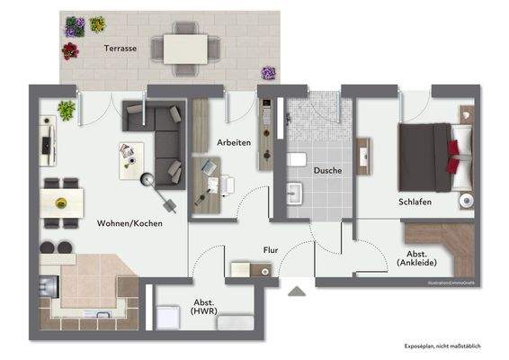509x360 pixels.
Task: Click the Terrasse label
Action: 120,49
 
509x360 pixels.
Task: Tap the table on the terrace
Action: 185,48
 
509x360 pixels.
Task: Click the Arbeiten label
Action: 233,143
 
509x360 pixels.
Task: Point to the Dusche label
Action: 327,169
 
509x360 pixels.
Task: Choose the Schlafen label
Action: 415,202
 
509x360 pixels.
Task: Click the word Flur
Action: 270,250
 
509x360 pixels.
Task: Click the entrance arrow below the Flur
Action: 294,291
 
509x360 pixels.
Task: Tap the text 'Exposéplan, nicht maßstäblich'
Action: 441,346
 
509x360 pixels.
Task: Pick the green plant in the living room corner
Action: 67,110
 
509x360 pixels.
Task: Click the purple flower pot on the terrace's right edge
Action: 268,72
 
